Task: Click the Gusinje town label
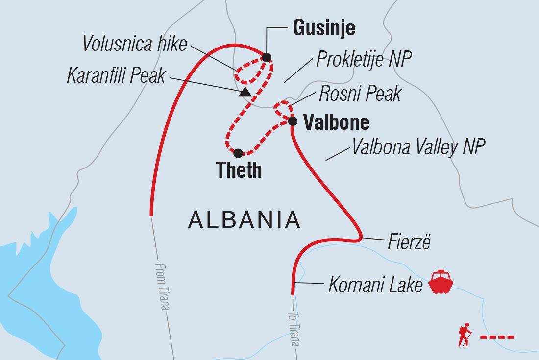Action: (324, 28)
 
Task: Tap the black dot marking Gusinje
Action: (267, 57)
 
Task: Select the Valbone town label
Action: (336, 122)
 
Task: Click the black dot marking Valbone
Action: (292, 121)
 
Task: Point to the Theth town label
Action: (239, 170)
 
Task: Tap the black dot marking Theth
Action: (238, 153)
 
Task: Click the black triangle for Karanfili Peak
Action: (245, 92)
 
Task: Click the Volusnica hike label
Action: (134, 44)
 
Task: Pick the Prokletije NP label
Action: (364, 59)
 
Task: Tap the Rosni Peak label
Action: (360, 93)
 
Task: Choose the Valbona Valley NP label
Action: (418, 147)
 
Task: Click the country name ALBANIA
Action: (244, 220)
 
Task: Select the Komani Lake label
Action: (375, 285)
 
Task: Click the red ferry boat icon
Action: (441, 282)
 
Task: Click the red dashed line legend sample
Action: (497, 337)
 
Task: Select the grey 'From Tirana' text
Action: (162, 287)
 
